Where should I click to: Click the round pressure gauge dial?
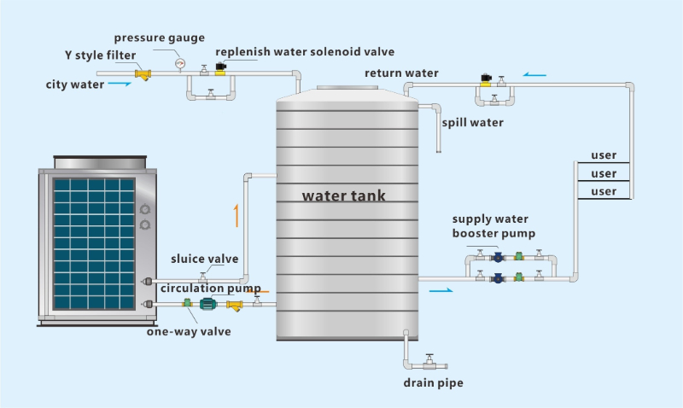click(180, 63)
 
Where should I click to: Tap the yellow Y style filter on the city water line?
click(143, 75)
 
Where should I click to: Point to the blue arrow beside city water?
click(120, 84)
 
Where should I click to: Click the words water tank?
click(344, 195)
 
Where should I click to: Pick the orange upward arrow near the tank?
click(236, 216)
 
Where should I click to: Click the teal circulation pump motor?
click(207, 304)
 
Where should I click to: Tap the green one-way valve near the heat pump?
click(187, 303)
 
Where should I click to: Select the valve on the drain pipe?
click(430, 361)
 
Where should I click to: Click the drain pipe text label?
click(434, 382)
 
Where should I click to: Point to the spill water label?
click(473, 122)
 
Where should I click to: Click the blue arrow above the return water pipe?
click(535, 75)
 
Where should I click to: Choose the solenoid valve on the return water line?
click(486, 80)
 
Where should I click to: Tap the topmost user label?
click(604, 155)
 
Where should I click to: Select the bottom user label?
click(604, 191)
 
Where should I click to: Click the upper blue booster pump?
click(498, 257)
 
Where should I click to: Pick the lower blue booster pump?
click(498, 278)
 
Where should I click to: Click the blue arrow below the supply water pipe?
click(441, 290)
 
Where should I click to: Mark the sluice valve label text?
click(205, 259)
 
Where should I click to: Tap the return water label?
click(401, 73)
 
